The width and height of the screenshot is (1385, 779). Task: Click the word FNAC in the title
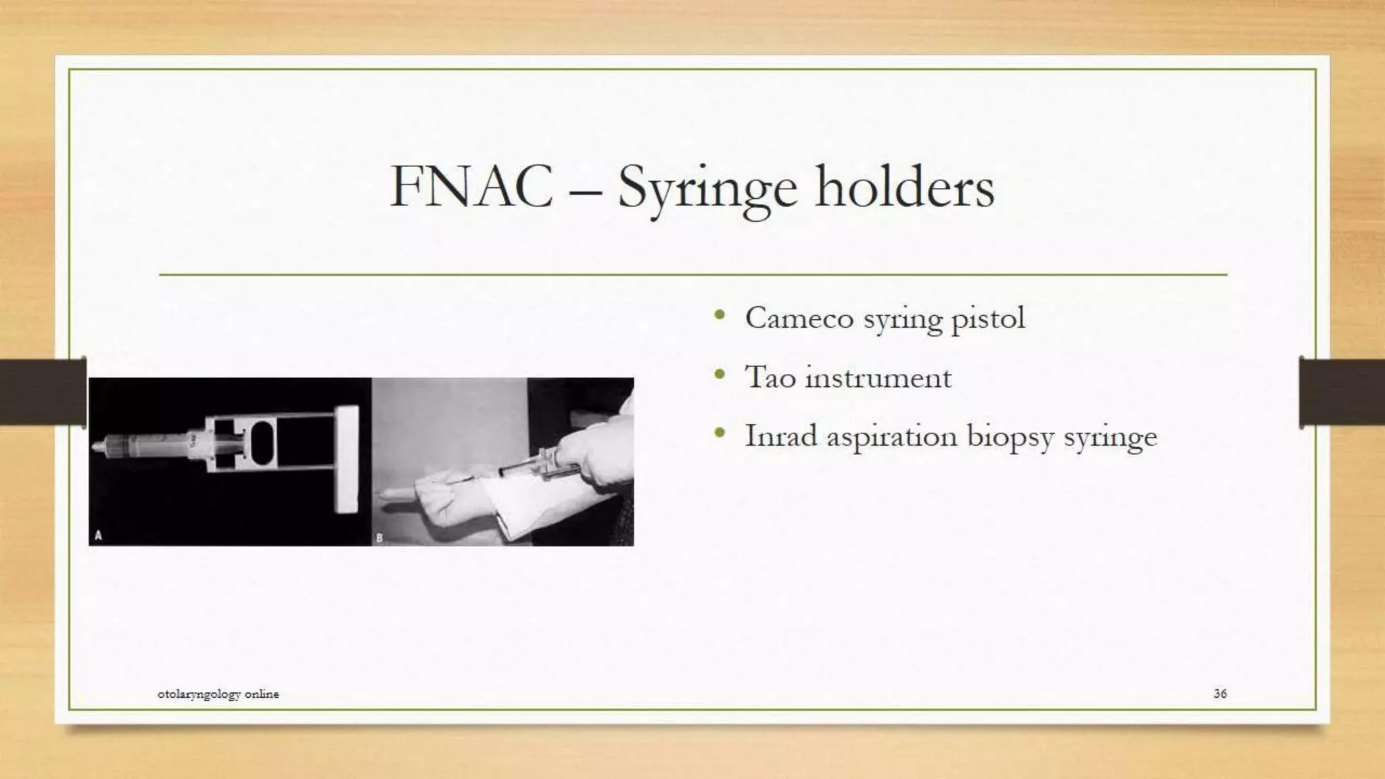[x=471, y=187]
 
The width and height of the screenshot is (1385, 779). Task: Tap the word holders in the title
[x=905, y=187]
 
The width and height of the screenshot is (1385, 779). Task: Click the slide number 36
[x=1220, y=693]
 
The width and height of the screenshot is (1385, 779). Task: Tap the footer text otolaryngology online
[x=218, y=694]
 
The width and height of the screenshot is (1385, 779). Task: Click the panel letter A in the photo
[x=98, y=536]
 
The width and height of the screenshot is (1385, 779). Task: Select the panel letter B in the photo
[x=379, y=538]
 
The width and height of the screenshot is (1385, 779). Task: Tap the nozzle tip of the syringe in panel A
[x=95, y=448]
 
